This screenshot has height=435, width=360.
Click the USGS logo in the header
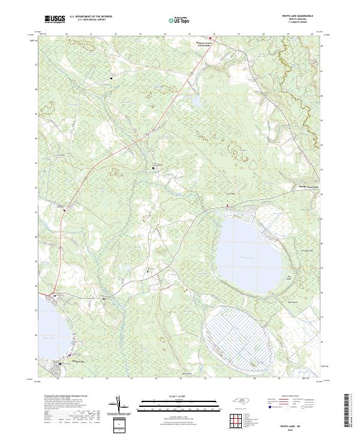coord(54,20)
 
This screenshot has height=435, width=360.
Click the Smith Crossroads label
coord(309,187)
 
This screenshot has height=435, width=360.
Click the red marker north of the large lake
coord(227,206)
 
